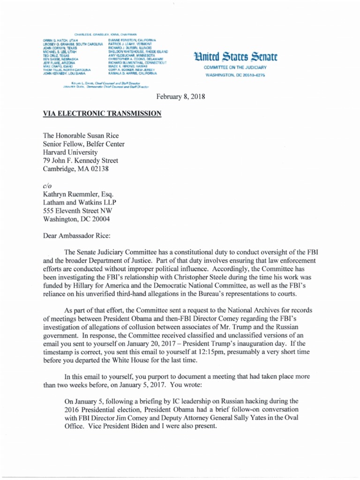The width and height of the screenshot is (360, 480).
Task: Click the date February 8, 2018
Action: pyautogui.click(x=180, y=97)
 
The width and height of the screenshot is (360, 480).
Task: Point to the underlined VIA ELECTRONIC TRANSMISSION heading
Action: pyautogui.click(x=102, y=113)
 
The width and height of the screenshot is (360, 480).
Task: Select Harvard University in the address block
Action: pyautogui.click(x=70, y=152)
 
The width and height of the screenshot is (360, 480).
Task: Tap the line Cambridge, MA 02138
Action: pyautogui.click(x=75, y=169)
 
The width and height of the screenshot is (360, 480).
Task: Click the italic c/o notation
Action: pyautogui.click(x=46, y=186)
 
